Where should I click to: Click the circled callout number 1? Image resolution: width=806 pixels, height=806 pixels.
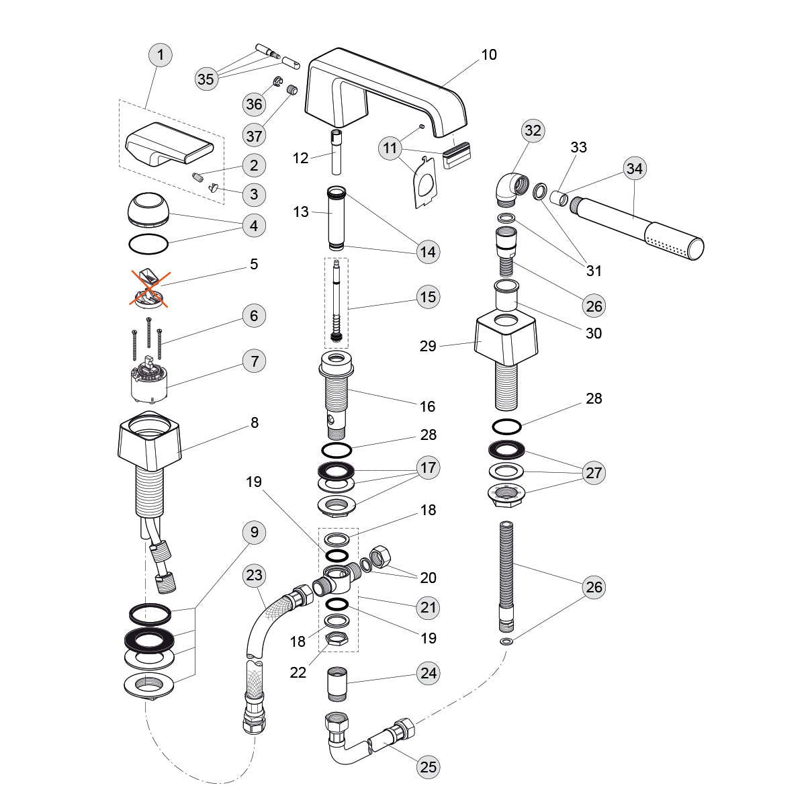[161, 54]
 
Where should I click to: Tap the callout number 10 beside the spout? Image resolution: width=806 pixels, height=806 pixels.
[489, 55]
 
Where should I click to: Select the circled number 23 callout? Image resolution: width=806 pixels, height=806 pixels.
[255, 576]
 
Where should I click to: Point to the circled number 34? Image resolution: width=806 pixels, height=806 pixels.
[634, 169]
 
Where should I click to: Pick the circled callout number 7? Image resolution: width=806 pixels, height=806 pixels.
[255, 361]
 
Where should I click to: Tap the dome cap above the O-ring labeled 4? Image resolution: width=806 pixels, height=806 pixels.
[148, 209]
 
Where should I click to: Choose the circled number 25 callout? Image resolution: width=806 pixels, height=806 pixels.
[428, 767]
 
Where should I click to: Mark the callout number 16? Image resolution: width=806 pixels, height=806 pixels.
[428, 406]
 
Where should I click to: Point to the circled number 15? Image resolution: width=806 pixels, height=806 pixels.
[428, 296]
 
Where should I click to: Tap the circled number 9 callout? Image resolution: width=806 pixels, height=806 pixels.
[255, 533]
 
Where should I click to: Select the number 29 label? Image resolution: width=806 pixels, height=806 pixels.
[428, 346]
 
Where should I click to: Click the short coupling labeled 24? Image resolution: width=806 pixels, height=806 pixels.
[337, 683]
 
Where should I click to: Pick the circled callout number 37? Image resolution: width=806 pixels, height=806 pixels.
[255, 136]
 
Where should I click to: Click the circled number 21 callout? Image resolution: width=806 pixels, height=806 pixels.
[428, 607]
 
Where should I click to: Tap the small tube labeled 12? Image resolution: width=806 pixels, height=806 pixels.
[336, 154]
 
